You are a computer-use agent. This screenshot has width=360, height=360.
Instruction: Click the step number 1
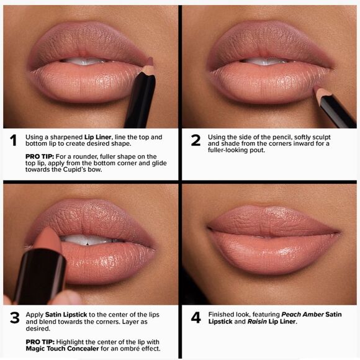coord(13,140)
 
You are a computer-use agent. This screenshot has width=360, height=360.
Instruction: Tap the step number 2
coord(196,140)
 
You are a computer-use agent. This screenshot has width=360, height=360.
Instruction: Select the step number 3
coord(14,318)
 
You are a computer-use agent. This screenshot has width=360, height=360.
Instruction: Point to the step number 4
coord(196,318)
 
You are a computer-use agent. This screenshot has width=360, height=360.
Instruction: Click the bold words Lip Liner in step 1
coord(99,137)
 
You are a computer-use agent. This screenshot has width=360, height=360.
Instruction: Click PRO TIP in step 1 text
coord(38,156)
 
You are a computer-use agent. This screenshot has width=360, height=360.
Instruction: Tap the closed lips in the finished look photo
coord(273,233)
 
